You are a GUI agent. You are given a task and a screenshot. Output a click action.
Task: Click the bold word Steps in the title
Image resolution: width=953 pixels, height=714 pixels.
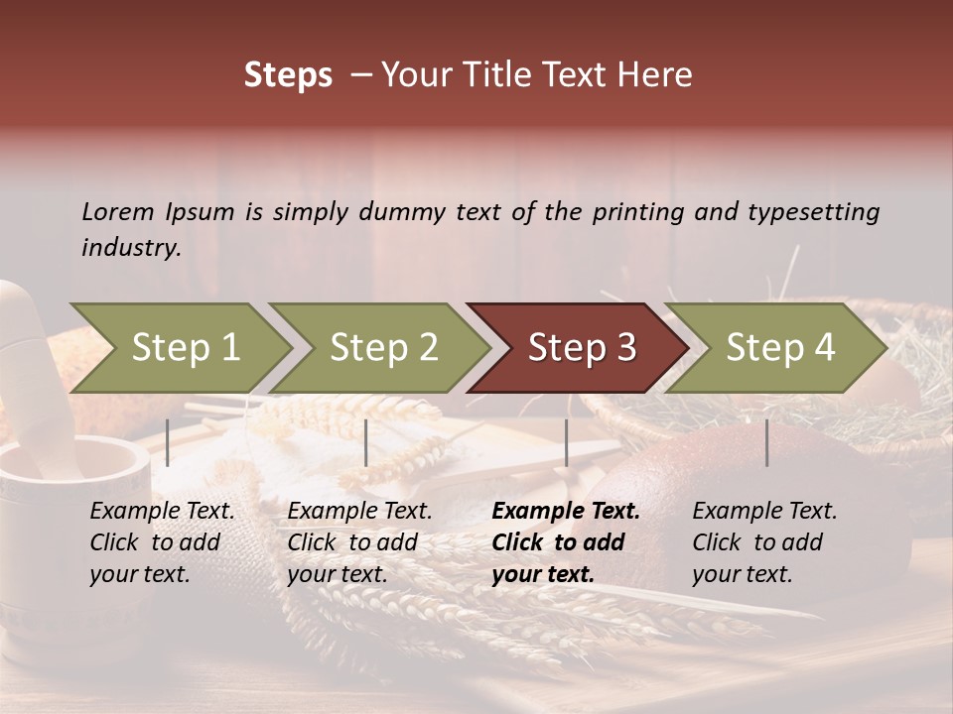288,75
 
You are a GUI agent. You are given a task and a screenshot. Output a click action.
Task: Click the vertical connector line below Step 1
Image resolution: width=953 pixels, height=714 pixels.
167,442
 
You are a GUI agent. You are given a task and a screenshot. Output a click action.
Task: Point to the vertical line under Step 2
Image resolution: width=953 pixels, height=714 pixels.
366,442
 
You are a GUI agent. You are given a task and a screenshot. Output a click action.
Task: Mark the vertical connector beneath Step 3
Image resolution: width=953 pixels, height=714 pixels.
566,442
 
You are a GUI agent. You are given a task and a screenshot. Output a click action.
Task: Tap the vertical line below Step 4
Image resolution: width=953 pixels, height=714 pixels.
766,442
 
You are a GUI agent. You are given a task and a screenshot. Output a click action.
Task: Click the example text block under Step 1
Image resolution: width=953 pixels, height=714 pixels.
162,542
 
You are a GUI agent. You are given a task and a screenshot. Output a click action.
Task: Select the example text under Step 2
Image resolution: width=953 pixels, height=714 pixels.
359,542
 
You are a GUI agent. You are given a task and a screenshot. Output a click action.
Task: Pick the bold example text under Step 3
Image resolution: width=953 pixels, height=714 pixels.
566,542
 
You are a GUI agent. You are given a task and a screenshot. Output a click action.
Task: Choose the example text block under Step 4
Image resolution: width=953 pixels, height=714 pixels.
764,542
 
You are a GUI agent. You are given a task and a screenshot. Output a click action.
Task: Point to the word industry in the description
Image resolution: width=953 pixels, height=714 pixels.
130,248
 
